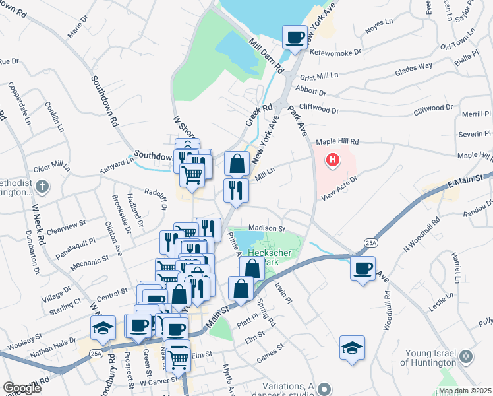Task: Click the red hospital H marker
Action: pyautogui.click(x=333, y=160)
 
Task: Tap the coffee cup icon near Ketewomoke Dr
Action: pyautogui.click(x=295, y=36)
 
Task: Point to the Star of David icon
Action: pyautogui.click(x=467, y=356)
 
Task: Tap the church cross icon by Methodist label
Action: pyautogui.click(x=43, y=185)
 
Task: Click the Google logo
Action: pyautogui.click(x=22, y=388)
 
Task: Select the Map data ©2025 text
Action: pyautogui.click(x=465, y=391)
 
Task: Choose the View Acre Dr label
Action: pyautogui.click(x=339, y=183)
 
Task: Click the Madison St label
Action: pyautogui.click(x=266, y=228)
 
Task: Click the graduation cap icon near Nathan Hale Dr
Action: pyautogui.click(x=103, y=327)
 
